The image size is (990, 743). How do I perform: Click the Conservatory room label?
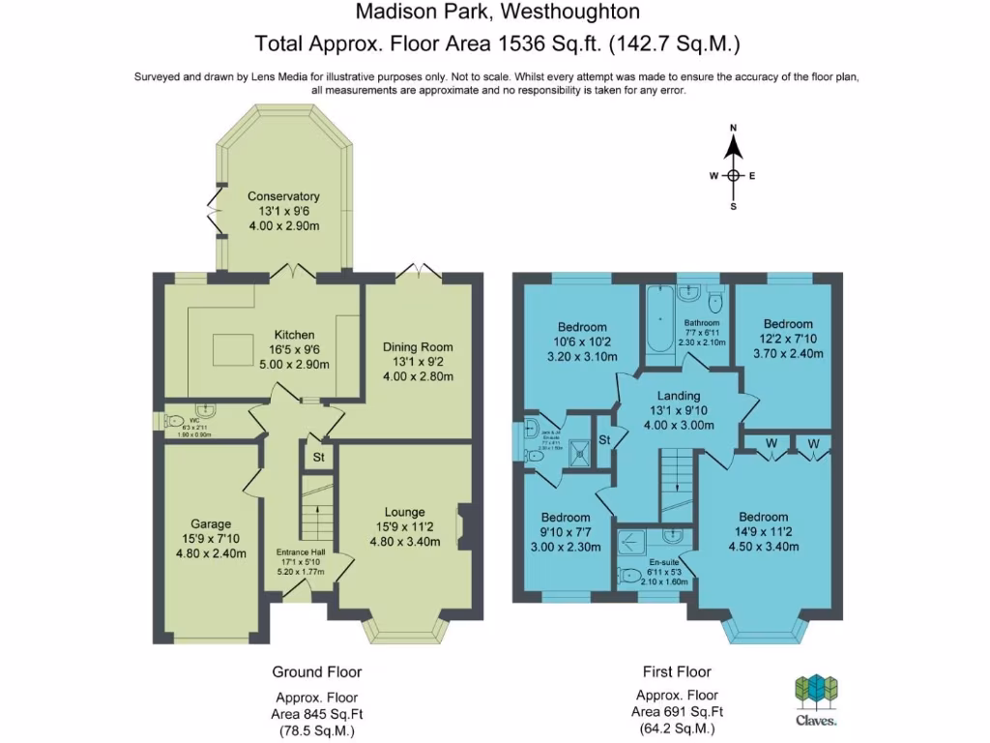point(283,196)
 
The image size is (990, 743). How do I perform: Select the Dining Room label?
point(418,346)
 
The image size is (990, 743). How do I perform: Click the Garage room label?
point(210,524)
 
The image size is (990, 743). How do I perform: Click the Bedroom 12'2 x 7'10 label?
point(788,324)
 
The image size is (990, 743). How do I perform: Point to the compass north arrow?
point(734,146)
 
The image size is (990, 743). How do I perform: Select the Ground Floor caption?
point(316,671)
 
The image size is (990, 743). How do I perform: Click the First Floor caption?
point(677,671)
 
